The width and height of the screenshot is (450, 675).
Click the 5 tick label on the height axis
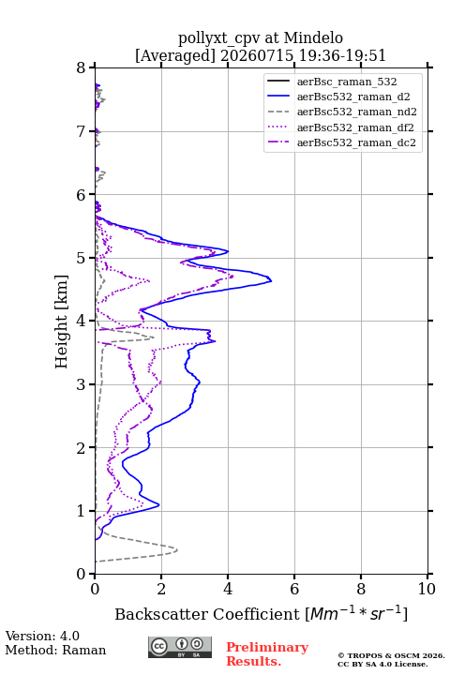tap(82, 258)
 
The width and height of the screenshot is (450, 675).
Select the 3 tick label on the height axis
tap(82, 384)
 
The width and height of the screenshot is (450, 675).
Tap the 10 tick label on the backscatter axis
tap(427, 589)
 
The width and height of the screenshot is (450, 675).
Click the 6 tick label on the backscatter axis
tap(294, 589)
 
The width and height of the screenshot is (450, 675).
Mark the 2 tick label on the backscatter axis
tap(161, 589)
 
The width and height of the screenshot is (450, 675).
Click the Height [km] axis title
tap(61, 322)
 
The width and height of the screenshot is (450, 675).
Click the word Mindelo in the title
tap(313, 37)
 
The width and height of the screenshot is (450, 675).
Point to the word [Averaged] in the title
tap(175, 55)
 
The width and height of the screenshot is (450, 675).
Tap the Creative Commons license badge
tap(180, 647)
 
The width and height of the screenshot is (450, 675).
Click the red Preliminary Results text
tap(267, 654)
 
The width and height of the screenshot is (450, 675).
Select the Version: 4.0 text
tap(42, 636)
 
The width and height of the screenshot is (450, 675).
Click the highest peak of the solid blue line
tap(271, 281)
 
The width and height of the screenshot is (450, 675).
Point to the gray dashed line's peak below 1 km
tap(177, 549)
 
